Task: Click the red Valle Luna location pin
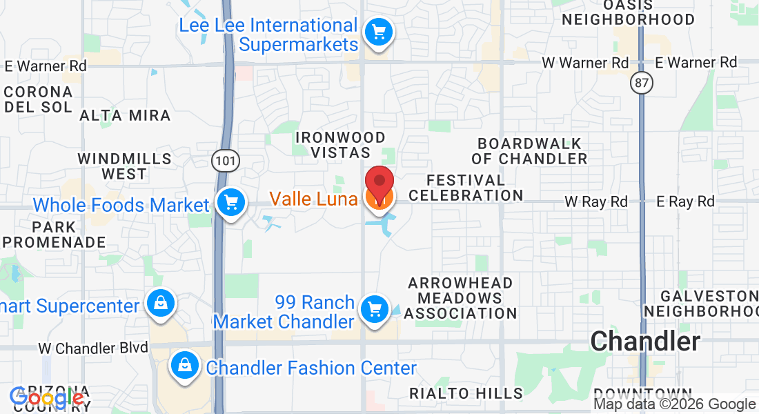[x=379, y=182]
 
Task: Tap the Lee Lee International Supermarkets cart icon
[x=378, y=32]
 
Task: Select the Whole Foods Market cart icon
[x=230, y=203]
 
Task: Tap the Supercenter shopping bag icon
[x=160, y=303]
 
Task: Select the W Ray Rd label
[x=596, y=201]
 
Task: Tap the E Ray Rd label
[x=685, y=201]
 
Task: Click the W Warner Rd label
[x=586, y=63]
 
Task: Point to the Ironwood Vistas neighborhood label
[x=340, y=145]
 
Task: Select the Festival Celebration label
[x=465, y=188]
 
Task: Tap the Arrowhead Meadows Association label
[x=460, y=298]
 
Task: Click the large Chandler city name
[x=645, y=341]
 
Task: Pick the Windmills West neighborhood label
[x=124, y=166]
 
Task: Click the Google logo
[x=46, y=398]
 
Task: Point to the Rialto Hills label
[x=466, y=393]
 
